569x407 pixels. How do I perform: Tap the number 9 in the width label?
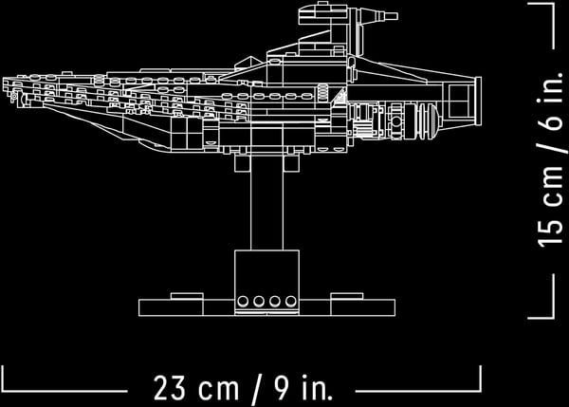(x=282, y=388)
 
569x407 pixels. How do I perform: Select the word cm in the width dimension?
(x=218, y=390)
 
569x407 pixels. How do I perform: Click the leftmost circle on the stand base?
(x=243, y=301)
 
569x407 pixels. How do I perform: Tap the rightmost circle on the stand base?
(x=291, y=301)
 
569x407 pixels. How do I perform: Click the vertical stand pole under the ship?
(x=266, y=202)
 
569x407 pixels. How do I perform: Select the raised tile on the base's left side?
(x=187, y=296)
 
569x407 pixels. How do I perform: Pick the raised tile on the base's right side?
(x=346, y=296)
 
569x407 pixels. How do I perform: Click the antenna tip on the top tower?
(x=397, y=16)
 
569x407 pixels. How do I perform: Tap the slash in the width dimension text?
(x=256, y=390)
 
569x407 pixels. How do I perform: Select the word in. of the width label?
(x=317, y=388)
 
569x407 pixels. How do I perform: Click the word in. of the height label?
(x=550, y=86)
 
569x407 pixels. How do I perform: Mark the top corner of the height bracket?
(x=554, y=4)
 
